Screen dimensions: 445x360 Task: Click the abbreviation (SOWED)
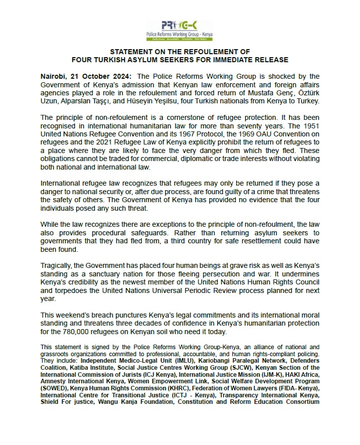click(54, 388)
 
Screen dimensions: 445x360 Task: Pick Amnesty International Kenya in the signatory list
click(77, 381)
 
